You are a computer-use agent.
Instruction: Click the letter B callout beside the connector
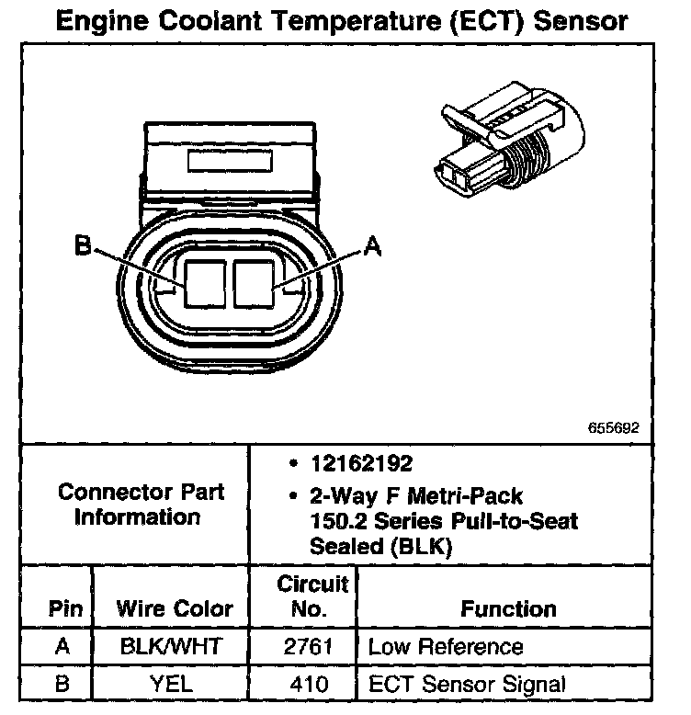point(82,245)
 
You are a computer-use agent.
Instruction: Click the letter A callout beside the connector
point(371,245)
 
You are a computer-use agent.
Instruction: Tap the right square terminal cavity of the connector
point(255,283)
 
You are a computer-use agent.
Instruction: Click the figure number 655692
point(613,429)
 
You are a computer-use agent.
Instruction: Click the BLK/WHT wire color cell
point(171,646)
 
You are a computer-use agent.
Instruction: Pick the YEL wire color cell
point(171,684)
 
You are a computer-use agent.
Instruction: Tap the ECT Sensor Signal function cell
point(466,684)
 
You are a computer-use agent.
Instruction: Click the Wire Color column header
point(175,608)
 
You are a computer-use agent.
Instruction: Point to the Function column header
point(508,608)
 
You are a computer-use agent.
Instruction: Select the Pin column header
point(66,608)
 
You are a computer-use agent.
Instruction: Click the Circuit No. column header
point(312,596)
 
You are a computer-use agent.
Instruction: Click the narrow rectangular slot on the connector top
point(227,162)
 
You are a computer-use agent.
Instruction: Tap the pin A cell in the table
point(62,646)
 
